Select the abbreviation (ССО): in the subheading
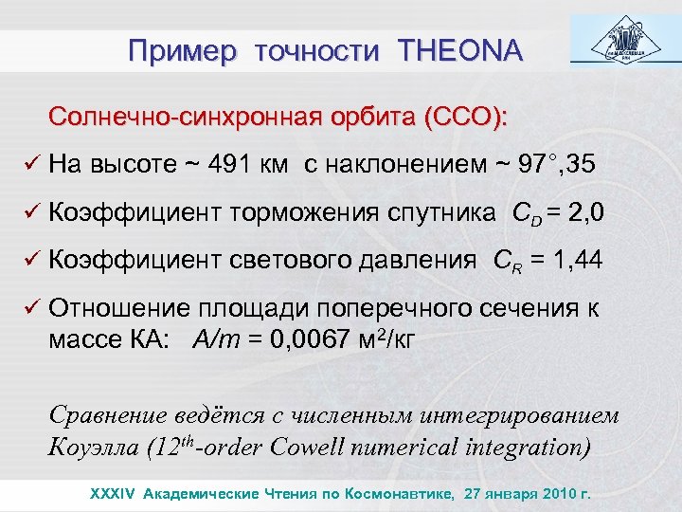click(466, 118)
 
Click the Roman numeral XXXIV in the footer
click(111, 494)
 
